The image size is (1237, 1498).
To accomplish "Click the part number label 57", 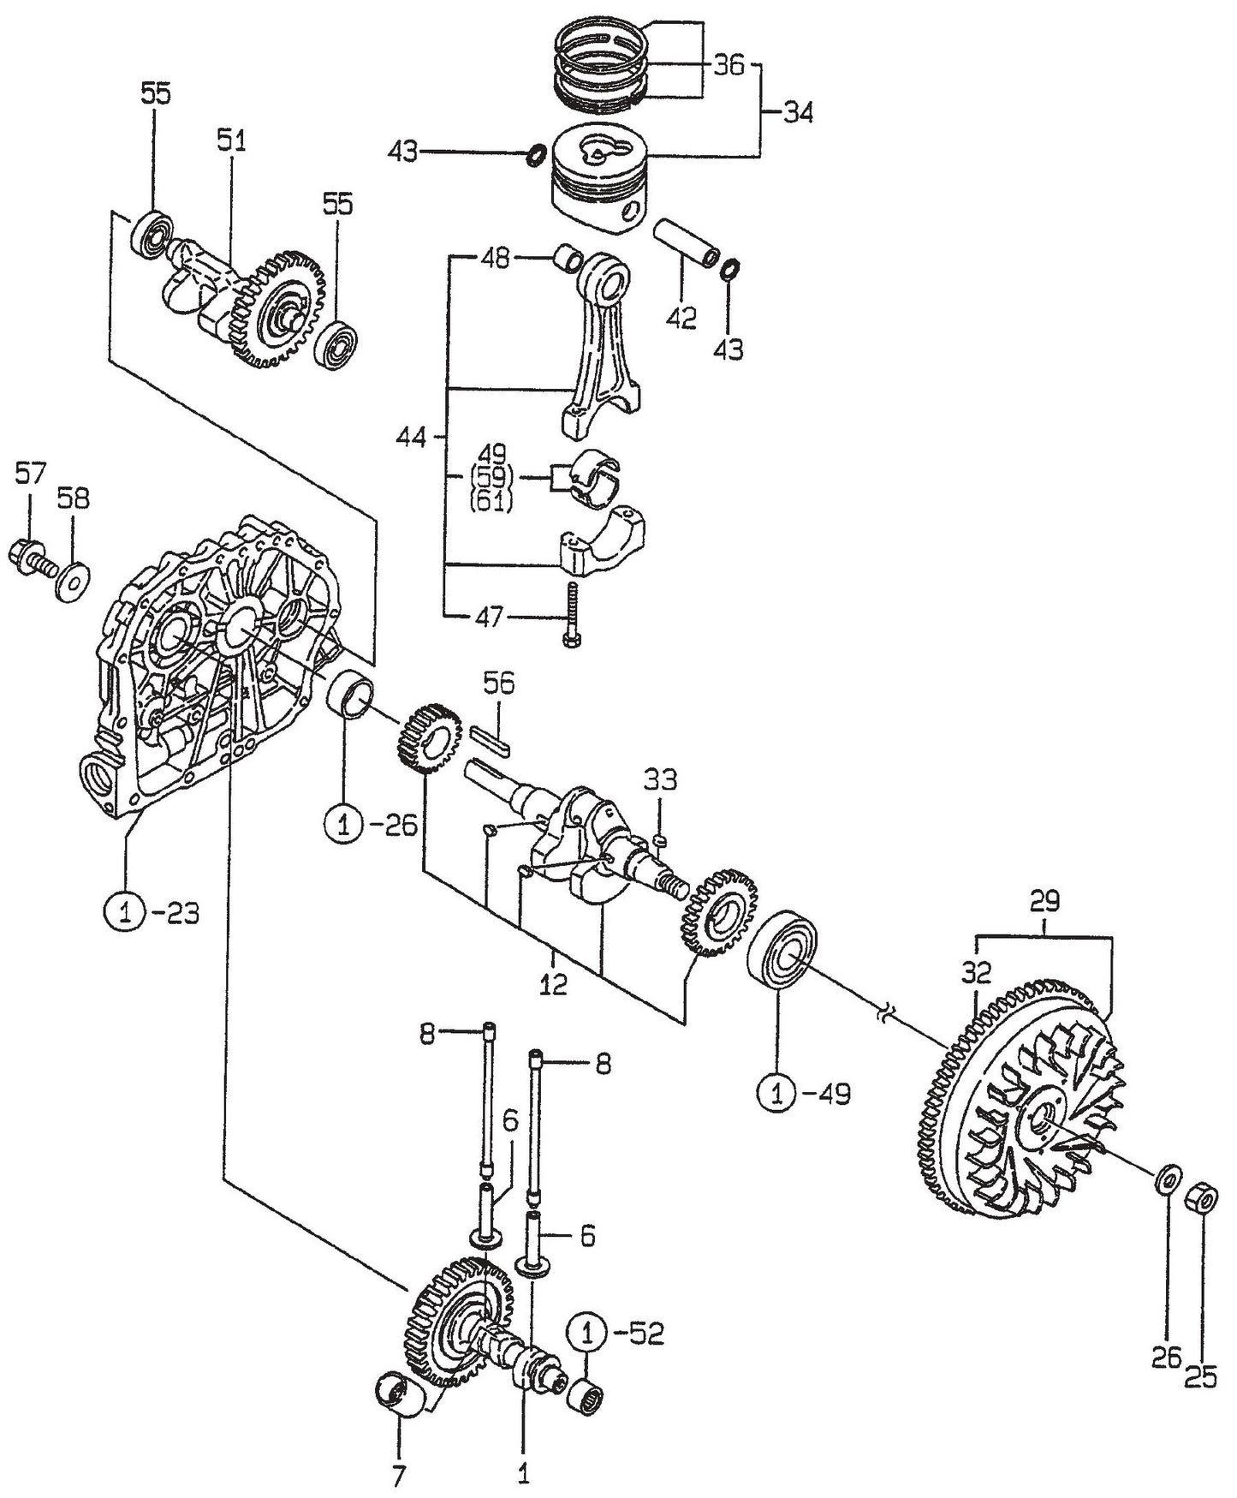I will click(x=31, y=474).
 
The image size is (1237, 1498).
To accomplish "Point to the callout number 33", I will click(x=661, y=779).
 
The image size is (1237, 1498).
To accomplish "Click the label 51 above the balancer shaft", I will click(x=230, y=141).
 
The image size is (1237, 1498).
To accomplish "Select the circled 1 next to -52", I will click(x=588, y=1334).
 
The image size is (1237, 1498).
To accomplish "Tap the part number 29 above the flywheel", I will click(x=1044, y=901).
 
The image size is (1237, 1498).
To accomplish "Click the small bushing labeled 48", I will click(x=566, y=257).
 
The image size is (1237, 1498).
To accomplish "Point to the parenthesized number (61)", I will click(x=491, y=502).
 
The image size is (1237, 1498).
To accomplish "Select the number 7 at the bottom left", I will click(x=399, y=1476).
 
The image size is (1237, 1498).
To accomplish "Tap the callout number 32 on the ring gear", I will click(x=977, y=972).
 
